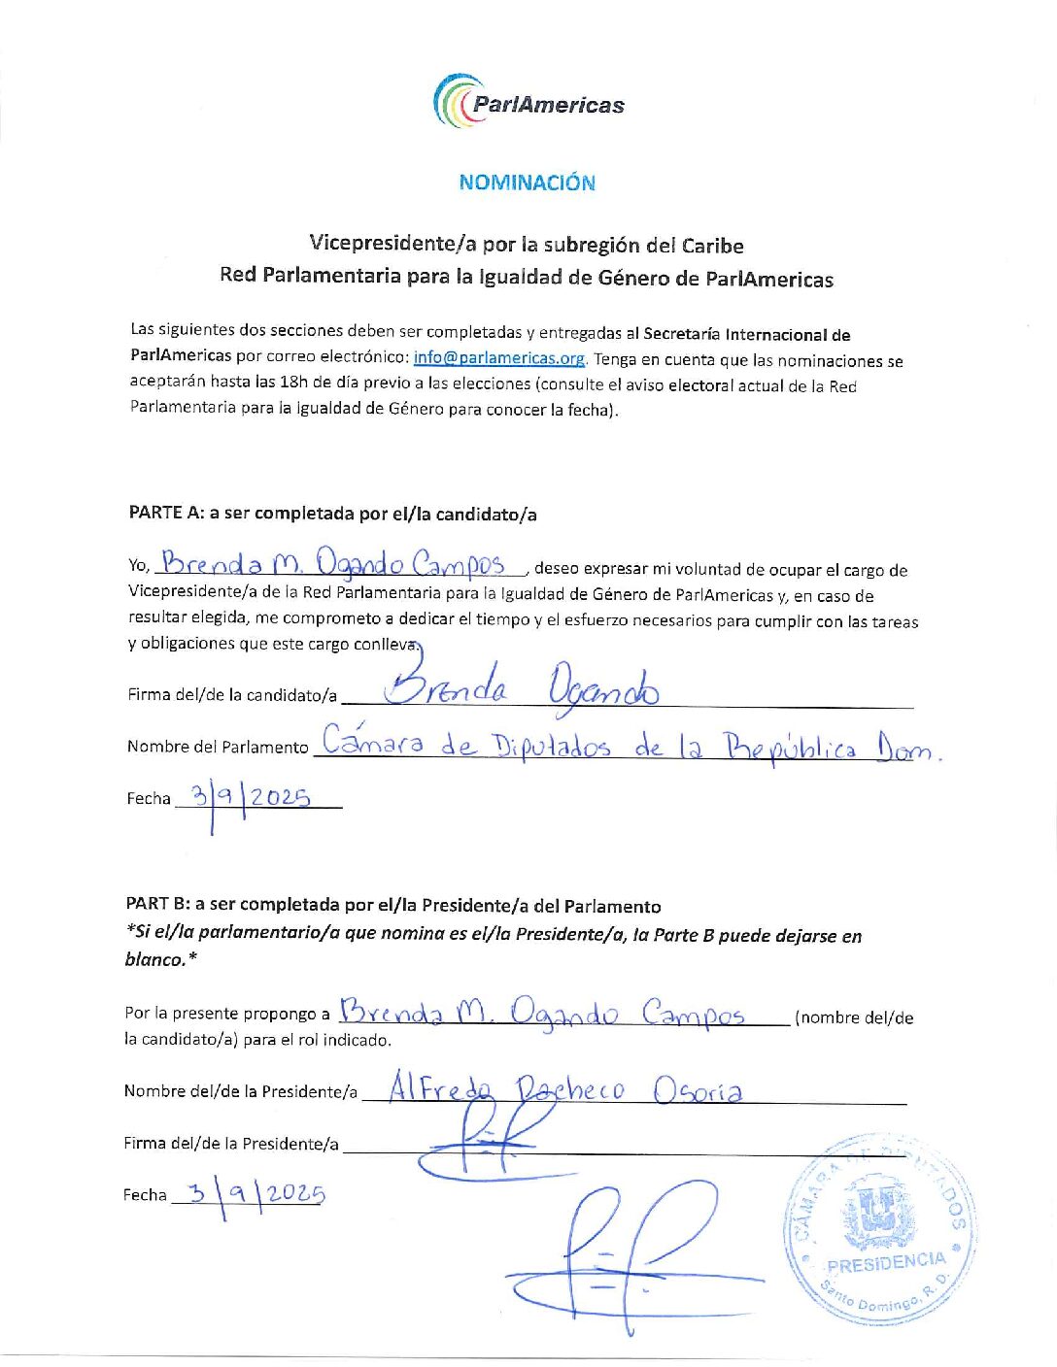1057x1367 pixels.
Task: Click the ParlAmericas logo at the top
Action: [528, 102]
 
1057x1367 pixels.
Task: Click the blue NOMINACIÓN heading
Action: [527, 183]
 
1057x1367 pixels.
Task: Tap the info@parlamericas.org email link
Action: [499, 358]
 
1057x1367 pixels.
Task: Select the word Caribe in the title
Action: [712, 246]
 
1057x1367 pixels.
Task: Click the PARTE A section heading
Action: [332, 514]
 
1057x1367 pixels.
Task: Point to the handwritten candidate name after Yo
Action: [335, 564]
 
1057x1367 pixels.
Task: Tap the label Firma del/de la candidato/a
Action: [232, 695]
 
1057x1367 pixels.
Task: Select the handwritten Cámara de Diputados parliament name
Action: [629, 745]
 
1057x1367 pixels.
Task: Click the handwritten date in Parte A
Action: [251, 799]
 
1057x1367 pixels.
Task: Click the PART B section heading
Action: [392, 905]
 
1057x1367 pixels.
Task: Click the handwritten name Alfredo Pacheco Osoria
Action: [565, 1089]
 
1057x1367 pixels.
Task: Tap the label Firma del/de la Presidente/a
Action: [231, 1144]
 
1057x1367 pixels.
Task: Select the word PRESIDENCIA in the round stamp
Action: [885, 1263]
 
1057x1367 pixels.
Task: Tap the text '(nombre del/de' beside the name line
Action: [854, 1017]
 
